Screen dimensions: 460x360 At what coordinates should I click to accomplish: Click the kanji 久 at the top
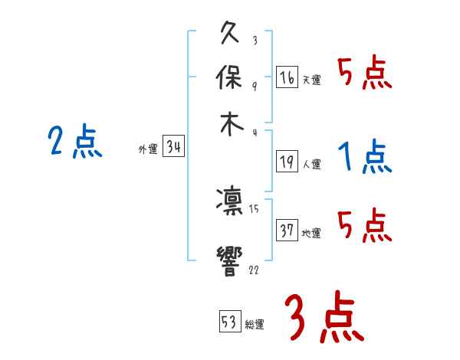coord(229,34)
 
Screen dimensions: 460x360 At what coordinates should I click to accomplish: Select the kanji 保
coord(229,79)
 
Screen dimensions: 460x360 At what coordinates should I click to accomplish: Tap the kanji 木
coord(229,125)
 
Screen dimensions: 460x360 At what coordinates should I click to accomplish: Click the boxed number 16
coord(287,77)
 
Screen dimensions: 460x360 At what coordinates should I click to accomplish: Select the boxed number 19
coord(287,162)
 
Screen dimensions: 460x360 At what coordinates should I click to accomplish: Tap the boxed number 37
coord(287,231)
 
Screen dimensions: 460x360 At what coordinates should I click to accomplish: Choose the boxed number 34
coord(173,148)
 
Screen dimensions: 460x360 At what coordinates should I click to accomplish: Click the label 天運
coord(312,80)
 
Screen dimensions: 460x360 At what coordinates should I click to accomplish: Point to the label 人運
coord(312,164)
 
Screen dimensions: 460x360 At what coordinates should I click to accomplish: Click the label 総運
coord(254,325)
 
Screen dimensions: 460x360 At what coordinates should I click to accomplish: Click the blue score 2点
coord(74,142)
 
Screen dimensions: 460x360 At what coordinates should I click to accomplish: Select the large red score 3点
coord(323,318)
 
